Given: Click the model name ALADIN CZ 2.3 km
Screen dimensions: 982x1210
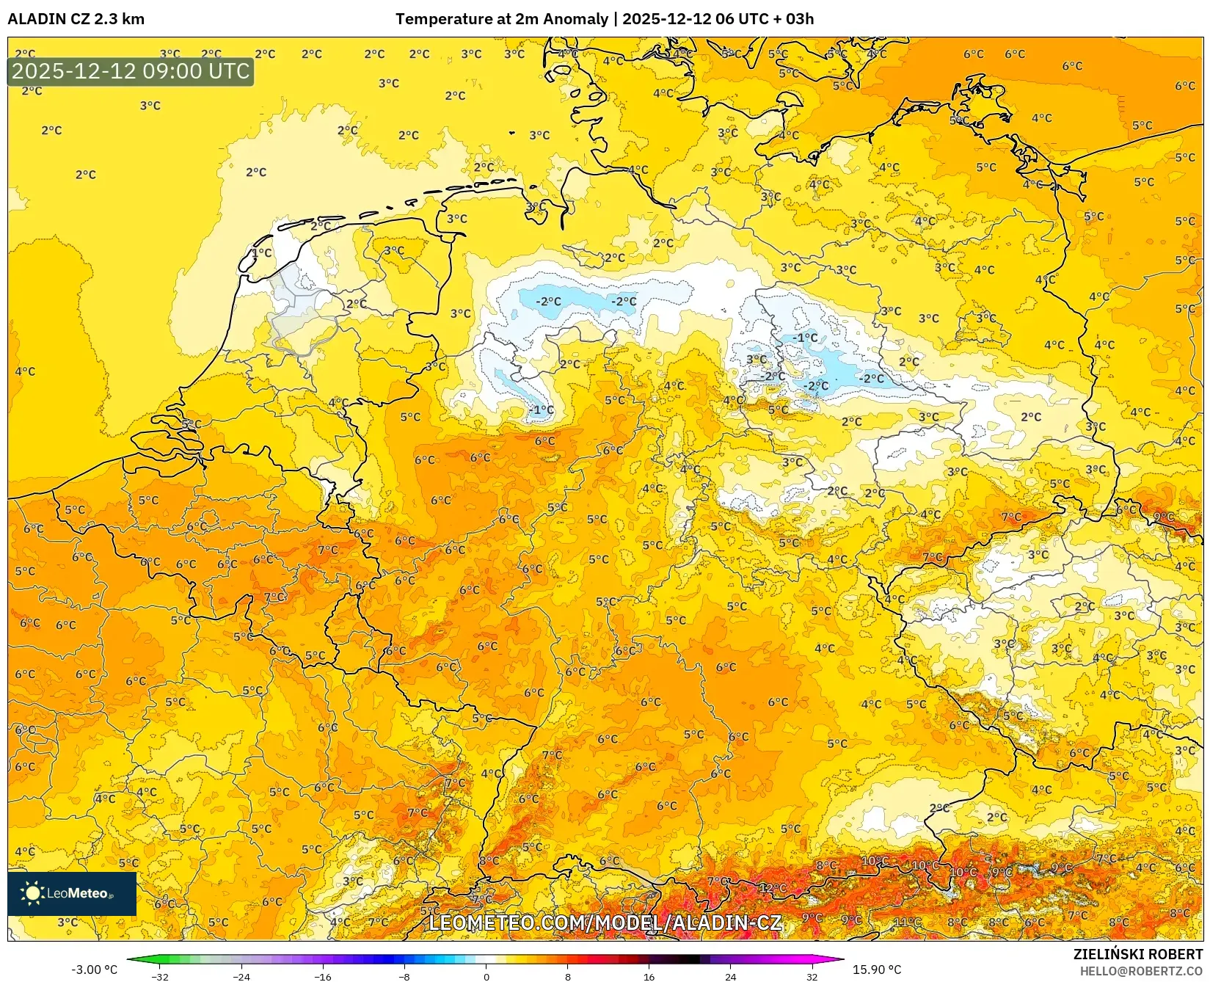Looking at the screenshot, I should click(x=76, y=19).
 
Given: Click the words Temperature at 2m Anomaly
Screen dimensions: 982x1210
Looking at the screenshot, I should click(x=502, y=19).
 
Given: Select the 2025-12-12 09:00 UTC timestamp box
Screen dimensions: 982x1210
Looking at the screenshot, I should click(x=131, y=71).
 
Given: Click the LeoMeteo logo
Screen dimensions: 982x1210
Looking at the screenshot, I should click(x=72, y=893).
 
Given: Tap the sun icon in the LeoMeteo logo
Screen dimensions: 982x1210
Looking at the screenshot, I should click(x=33, y=893).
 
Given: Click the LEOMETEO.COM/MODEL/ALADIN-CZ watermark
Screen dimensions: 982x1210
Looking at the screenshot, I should click(x=605, y=923).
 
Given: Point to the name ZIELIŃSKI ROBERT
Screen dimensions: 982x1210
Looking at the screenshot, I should click(x=1138, y=954).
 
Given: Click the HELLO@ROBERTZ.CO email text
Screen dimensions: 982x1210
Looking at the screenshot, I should click(x=1141, y=970).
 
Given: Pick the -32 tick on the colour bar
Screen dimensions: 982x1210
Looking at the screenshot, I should click(x=160, y=976).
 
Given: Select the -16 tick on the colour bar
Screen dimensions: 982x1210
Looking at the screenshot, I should click(x=323, y=976).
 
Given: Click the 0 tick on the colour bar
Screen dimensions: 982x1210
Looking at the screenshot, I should click(x=486, y=976).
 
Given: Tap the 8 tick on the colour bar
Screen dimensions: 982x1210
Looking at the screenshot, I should click(x=567, y=976).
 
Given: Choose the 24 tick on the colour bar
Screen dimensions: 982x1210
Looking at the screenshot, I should click(x=730, y=976).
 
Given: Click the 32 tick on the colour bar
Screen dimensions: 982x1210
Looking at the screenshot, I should click(x=812, y=976).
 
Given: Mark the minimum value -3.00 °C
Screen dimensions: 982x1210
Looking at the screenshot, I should click(x=94, y=970).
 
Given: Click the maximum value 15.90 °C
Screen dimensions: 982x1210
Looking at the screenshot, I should click(x=877, y=970).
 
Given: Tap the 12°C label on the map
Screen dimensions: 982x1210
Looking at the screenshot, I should click(x=772, y=887).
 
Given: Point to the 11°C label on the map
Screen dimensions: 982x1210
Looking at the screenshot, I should click(x=907, y=922).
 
